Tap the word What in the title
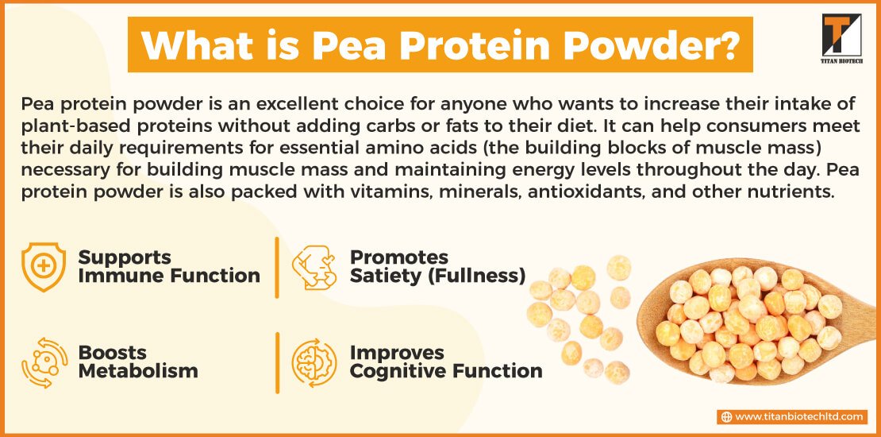click(197, 45)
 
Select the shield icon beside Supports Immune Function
click(44, 267)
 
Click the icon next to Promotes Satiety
click(314, 267)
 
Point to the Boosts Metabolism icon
click(44, 363)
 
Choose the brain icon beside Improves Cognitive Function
click(314, 363)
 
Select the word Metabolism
click(138, 371)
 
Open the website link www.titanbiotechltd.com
click(798, 417)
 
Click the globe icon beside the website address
click(726, 417)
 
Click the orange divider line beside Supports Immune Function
click(277, 268)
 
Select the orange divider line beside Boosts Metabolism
click(277, 363)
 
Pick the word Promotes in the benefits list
click(399, 257)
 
